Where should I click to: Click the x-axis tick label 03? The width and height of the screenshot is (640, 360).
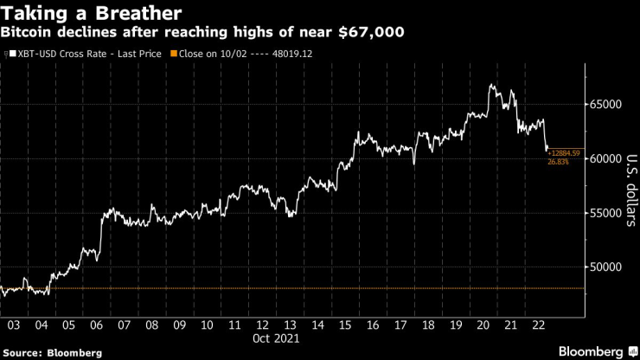14,325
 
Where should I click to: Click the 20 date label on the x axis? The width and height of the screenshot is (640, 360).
483,325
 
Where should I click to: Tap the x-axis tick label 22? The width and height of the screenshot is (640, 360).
538,325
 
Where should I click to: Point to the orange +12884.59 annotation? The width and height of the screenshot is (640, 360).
564,153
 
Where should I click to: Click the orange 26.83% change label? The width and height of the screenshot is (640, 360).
558,162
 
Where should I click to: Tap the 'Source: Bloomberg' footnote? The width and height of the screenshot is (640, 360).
52,352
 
